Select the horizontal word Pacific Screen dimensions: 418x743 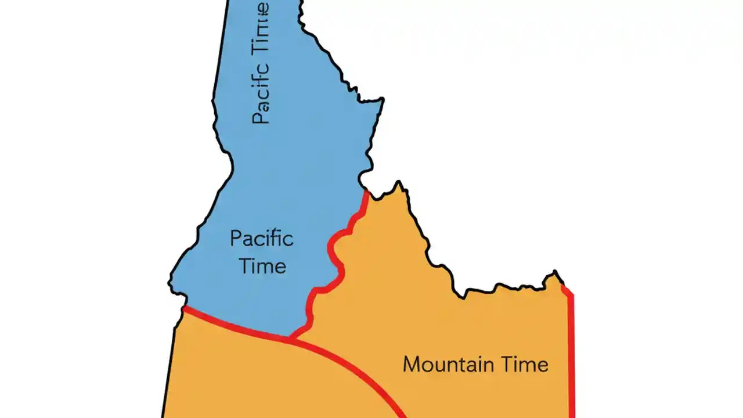click(x=262, y=239)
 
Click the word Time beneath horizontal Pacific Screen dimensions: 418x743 click(x=263, y=266)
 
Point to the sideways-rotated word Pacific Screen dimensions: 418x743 click(x=262, y=93)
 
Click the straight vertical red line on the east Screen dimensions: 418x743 click(x=572, y=354)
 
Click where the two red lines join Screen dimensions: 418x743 click(x=291, y=337)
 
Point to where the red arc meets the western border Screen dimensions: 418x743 click(x=183, y=309)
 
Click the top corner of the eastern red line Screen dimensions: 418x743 click(x=564, y=286)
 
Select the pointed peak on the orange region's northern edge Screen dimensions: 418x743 click(x=398, y=185)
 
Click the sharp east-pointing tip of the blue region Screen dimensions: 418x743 click(x=383, y=100)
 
